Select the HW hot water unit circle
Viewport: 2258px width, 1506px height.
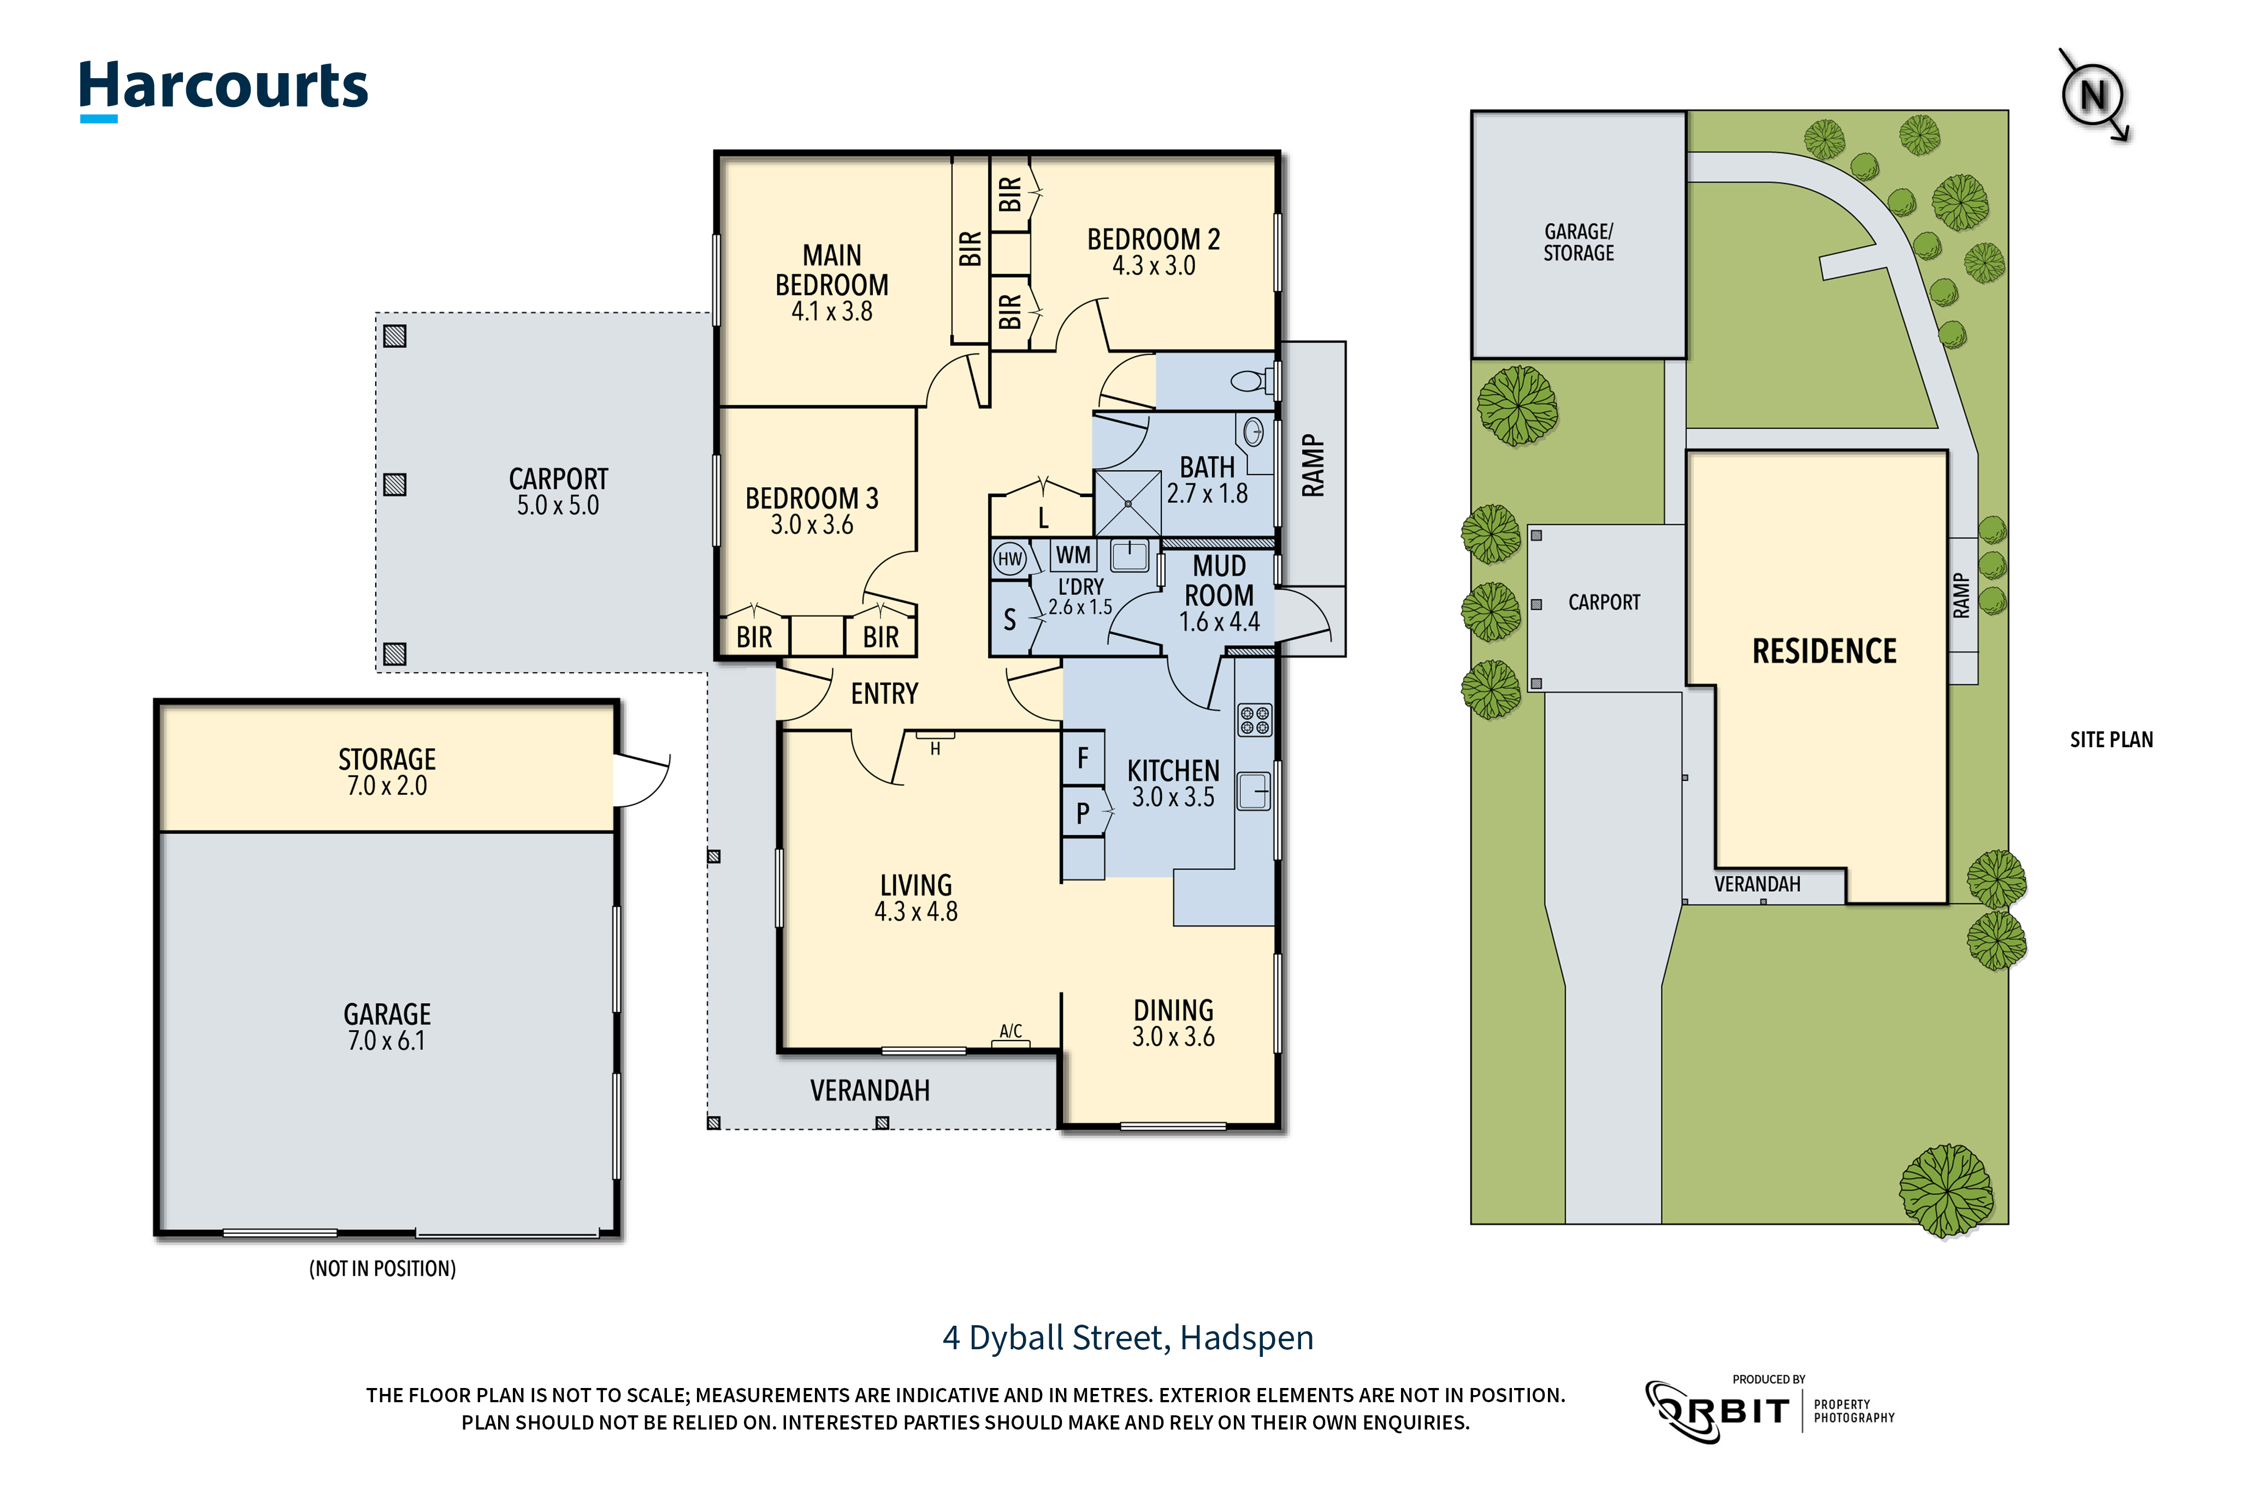pos(1009,559)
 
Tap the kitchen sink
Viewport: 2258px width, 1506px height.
pos(1254,792)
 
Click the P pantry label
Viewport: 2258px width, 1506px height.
pos(1083,813)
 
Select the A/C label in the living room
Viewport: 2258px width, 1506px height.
pos(1010,1031)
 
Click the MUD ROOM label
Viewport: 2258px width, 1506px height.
pos(1219,581)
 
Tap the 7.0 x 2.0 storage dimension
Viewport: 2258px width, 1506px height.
pos(387,786)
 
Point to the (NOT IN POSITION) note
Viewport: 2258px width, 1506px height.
pos(382,1269)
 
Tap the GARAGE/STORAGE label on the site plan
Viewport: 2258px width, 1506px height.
pos(1579,242)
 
